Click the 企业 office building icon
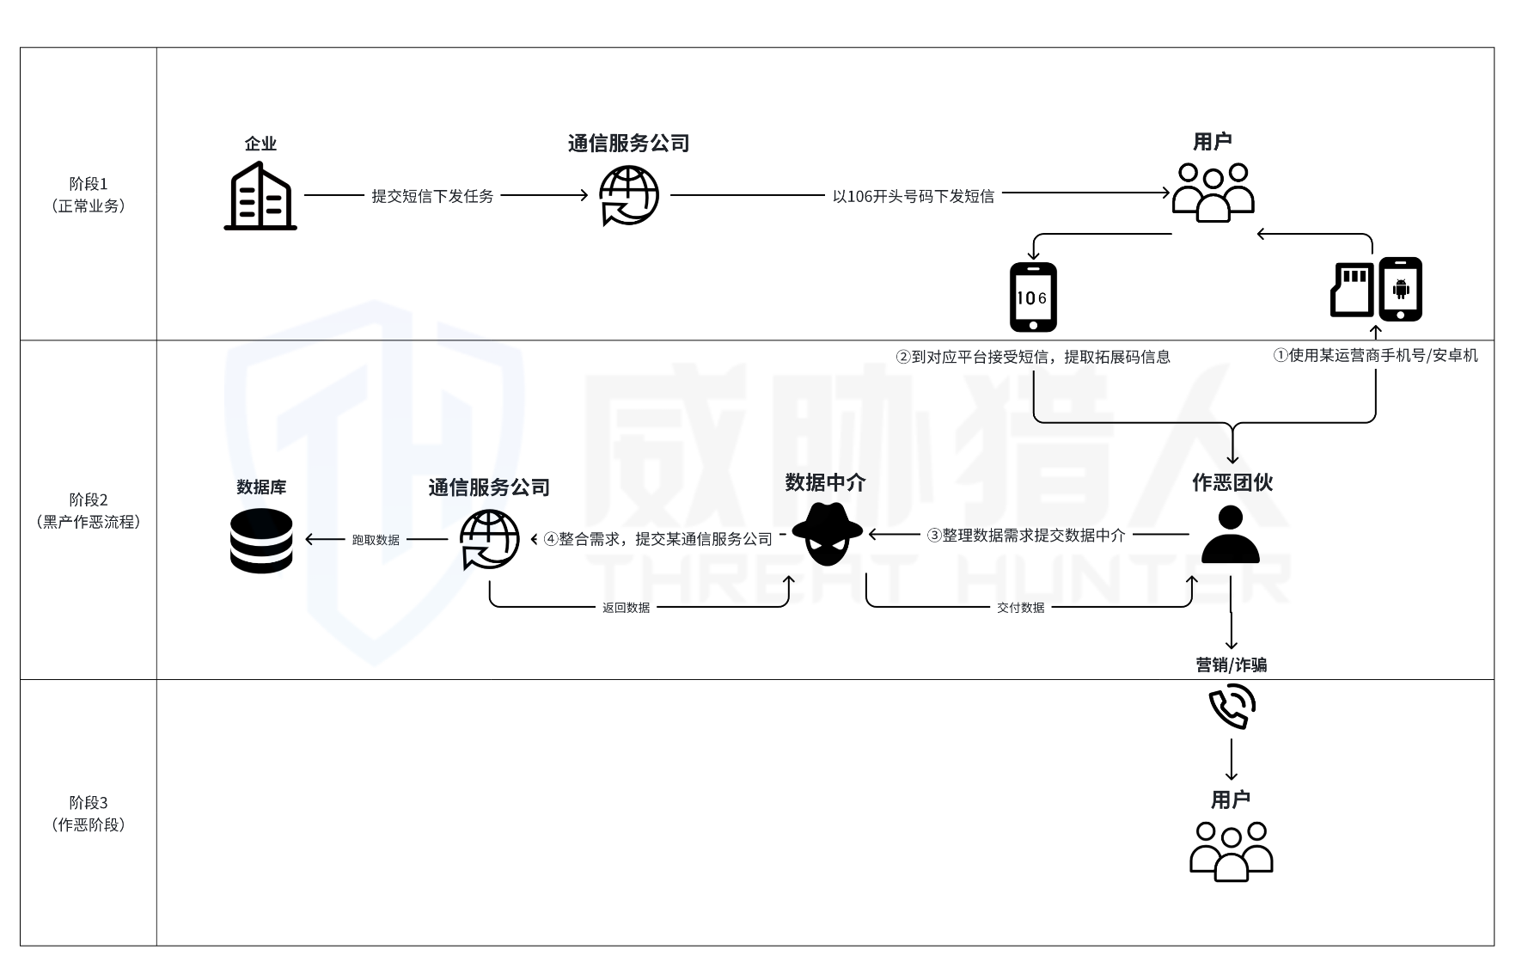[260, 196]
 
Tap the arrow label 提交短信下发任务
[432, 196]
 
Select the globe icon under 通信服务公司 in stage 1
[629, 196]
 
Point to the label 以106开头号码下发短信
[913, 196]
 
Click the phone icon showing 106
[1033, 297]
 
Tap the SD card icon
[1352, 289]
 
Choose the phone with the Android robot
[1401, 289]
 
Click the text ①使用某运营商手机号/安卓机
[1375, 355]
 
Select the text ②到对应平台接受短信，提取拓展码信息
[1033, 357]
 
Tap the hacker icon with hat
[827, 534]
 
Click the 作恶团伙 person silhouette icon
[1231, 534]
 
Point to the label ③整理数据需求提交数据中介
[1025, 536]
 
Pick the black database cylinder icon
[261, 541]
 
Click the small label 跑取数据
[376, 540]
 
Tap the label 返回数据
[626, 608]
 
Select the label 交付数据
[1021, 608]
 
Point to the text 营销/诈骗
[1231, 665]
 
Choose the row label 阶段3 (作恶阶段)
[89, 813]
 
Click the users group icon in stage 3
[1231, 851]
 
